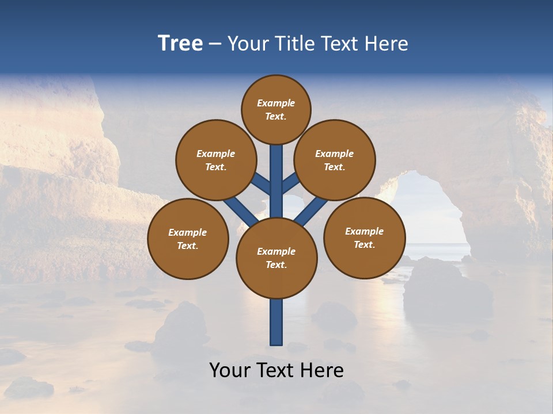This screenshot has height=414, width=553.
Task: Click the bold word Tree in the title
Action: (180, 44)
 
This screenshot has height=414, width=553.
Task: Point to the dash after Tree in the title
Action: (215, 44)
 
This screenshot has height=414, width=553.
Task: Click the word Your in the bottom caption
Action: (230, 371)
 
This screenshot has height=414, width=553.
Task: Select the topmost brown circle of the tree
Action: (276, 110)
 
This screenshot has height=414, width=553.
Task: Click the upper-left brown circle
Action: (215, 160)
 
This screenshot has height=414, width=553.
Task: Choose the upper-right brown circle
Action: (335, 160)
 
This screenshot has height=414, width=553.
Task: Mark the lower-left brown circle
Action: (188, 239)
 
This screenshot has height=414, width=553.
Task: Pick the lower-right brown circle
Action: (365, 238)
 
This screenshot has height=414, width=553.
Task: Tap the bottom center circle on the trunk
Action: (276, 258)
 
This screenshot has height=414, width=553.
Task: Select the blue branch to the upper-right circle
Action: (290, 183)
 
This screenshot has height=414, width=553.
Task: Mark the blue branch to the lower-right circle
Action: (311, 210)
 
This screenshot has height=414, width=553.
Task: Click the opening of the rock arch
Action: (426, 213)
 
